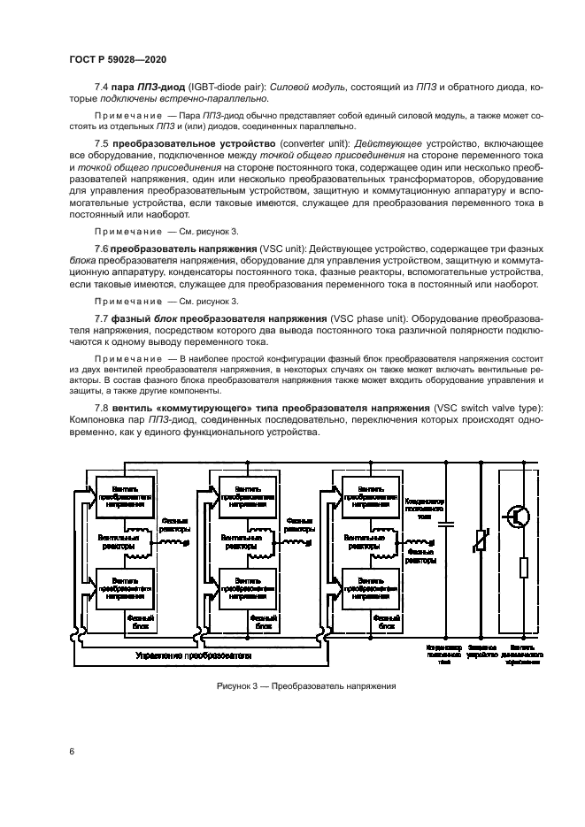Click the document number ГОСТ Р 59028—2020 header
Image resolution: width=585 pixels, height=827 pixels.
coord(117,58)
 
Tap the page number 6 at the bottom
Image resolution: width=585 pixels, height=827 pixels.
coord(70,751)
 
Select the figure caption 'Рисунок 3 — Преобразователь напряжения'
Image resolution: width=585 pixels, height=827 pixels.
coord(305,685)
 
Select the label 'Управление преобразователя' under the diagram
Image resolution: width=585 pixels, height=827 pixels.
coord(194,655)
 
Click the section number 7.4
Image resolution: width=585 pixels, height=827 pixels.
coord(100,87)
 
